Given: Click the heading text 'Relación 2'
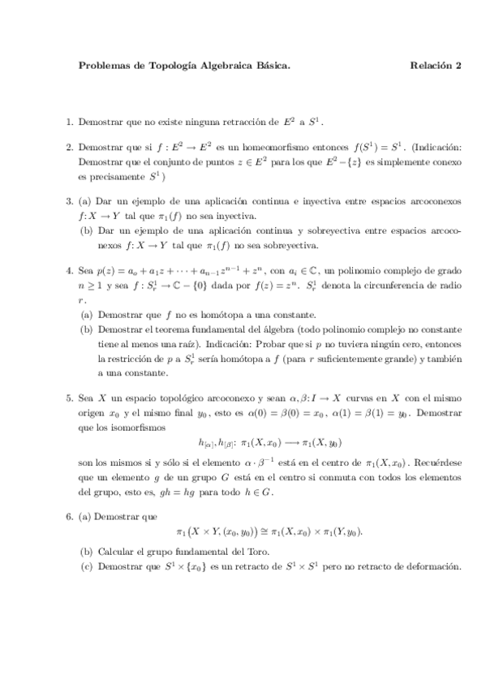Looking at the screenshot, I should (435, 67).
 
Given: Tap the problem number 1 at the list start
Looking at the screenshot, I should (69, 123).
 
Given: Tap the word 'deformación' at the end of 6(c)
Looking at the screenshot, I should (430, 565).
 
